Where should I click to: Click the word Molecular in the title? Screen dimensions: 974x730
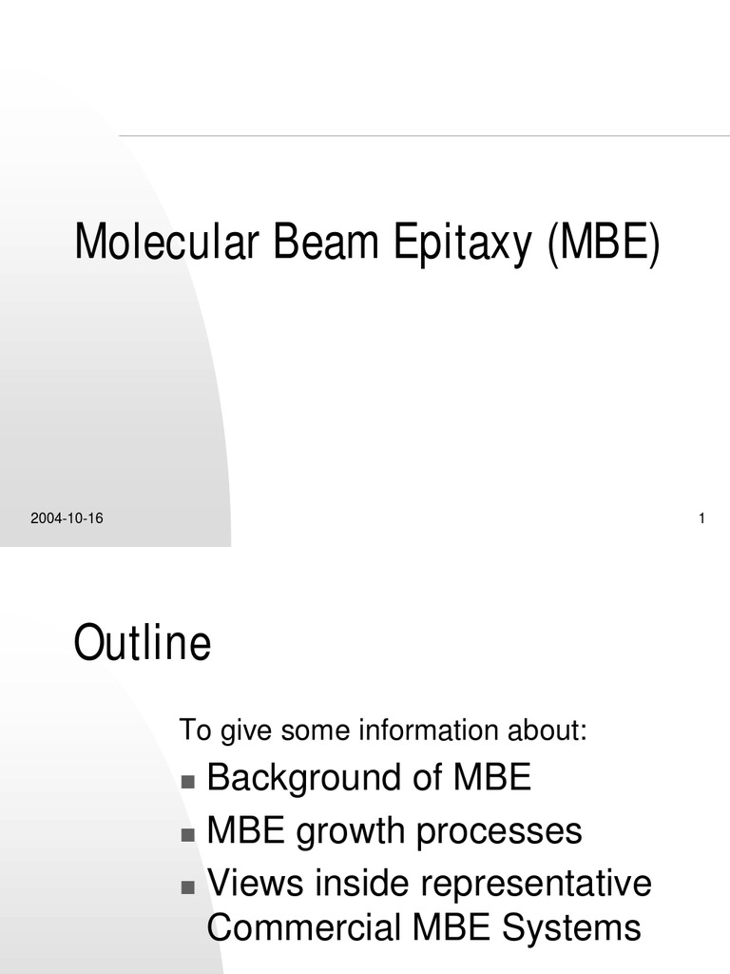tap(167, 242)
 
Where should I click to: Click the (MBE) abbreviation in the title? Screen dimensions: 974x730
tap(602, 243)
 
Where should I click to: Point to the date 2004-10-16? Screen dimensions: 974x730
tap(67, 518)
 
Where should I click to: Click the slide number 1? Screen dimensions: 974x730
tap(701, 518)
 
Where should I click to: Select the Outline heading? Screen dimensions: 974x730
tap(143, 644)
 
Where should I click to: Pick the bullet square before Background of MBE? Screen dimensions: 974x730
tap(187, 782)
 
